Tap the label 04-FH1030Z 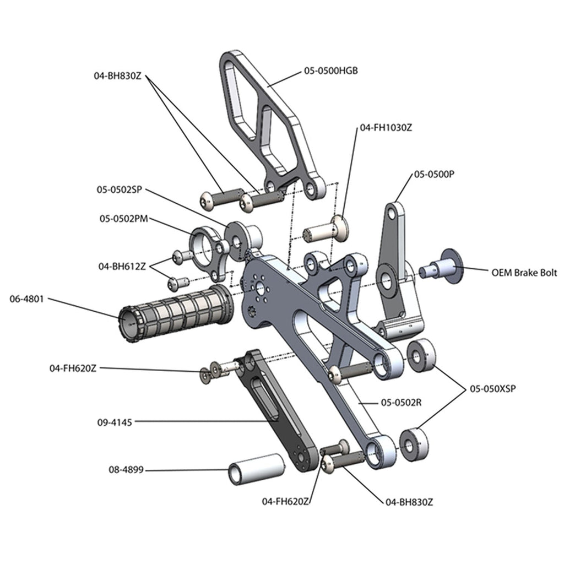click(386, 127)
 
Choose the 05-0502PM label click(124, 219)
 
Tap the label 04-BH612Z click(122, 266)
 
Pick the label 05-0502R click(401, 403)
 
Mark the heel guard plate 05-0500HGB click(270, 121)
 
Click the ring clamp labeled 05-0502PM click(207, 251)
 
